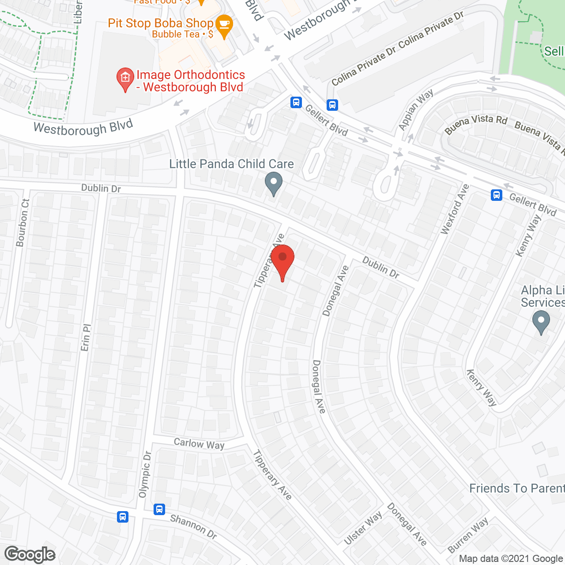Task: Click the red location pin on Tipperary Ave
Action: point(282,260)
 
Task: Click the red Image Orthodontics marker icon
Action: point(125,79)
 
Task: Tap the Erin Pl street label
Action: point(86,338)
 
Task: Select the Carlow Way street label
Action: point(199,444)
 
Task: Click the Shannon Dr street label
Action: point(194,527)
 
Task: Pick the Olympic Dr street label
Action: point(145,475)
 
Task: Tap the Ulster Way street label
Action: point(363,528)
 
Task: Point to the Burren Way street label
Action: point(468,535)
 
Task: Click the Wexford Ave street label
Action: point(455,210)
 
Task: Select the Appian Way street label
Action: point(415,110)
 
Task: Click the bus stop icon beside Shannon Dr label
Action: point(159,509)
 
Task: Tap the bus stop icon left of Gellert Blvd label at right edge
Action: point(497,195)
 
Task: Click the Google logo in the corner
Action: point(30,554)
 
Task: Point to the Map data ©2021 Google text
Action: point(511,559)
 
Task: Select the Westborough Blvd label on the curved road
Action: point(83,128)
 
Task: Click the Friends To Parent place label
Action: point(516,489)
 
